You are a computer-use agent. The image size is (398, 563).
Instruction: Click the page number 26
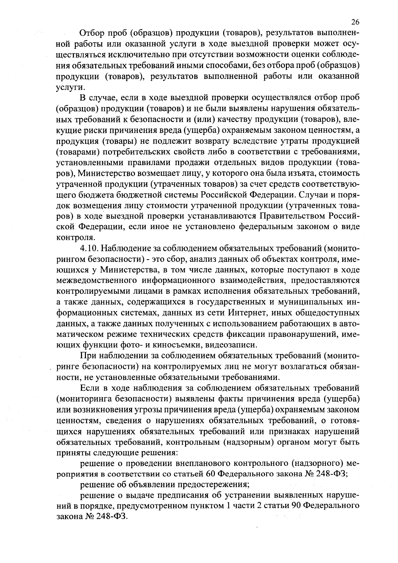coord(355,22)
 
